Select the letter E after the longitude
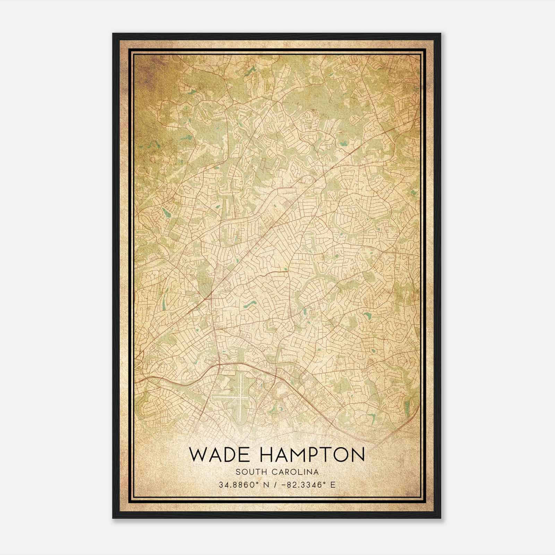[x=333, y=485]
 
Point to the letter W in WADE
[x=197, y=454]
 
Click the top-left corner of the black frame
[x=113, y=34]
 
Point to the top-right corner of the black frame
[x=441, y=34]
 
